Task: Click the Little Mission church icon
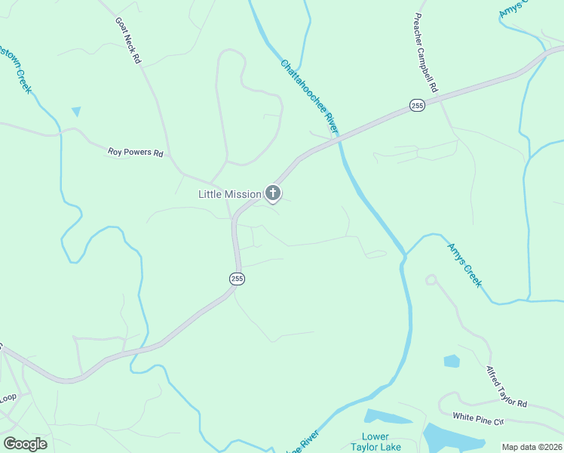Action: [273, 194]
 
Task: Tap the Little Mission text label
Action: [229, 194]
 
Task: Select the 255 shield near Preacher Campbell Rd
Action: [418, 106]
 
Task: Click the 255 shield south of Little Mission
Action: [237, 279]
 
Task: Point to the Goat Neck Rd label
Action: [129, 41]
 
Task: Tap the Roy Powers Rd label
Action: [136, 153]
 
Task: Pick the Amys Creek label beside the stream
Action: [464, 264]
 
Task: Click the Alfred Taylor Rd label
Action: [506, 387]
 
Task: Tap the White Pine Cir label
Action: [477, 417]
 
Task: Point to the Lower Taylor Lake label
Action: [375, 442]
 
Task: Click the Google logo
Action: [26, 444]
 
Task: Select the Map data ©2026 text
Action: [532, 447]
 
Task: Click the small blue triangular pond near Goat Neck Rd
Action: [75, 112]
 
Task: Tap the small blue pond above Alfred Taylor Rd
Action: [452, 361]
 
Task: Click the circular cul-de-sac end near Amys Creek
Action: [431, 279]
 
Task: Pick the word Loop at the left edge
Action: [8, 397]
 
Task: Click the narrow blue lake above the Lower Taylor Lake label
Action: [388, 417]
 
